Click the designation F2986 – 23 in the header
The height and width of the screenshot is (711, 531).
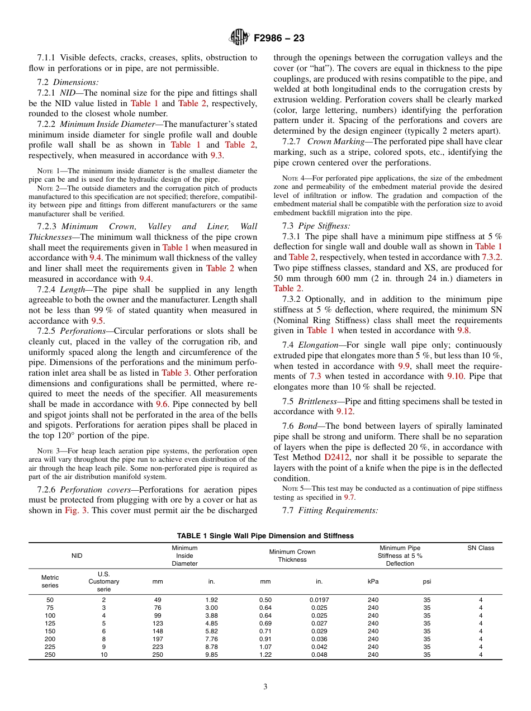tap(279, 39)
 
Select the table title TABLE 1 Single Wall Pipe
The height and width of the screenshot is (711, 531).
tap(265, 535)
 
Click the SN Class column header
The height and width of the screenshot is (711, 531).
tap(481, 548)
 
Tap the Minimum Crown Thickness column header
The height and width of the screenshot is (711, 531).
tap(292, 556)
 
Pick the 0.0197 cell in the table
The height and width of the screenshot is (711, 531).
tap(319, 600)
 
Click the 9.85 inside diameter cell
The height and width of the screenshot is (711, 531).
tap(211, 655)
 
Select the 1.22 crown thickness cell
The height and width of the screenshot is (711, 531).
tap(265, 655)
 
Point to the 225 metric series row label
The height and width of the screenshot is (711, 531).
tap(50, 647)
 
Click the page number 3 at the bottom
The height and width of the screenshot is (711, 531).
tap(265, 687)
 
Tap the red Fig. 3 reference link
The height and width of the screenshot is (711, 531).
tap(76, 510)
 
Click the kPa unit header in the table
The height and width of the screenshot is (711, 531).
tap(373, 581)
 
